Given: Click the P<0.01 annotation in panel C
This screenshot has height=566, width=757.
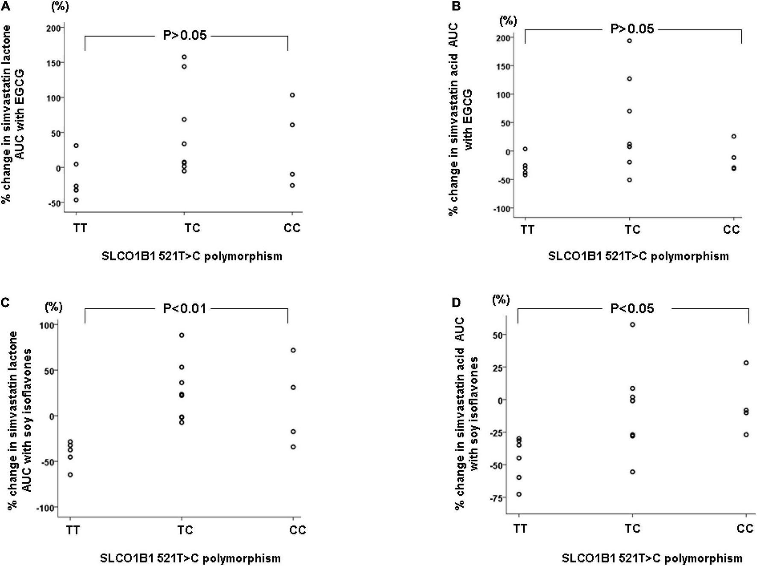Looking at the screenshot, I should click(185, 308).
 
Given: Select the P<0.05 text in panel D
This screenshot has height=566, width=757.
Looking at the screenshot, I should click(632, 308).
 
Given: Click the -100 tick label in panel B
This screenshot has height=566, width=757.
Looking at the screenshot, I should click(502, 209).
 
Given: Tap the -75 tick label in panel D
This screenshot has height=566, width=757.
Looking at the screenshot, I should click(496, 498).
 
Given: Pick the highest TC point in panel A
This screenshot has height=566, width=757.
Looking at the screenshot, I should click(184, 57).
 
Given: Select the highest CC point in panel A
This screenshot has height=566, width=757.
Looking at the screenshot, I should click(292, 95).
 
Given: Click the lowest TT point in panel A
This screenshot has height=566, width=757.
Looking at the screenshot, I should click(76, 200).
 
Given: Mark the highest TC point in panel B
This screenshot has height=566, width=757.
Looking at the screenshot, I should click(629, 41).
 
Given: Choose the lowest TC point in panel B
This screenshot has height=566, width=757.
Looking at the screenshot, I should click(629, 180).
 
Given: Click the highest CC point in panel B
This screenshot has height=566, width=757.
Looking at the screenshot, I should click(734, 137).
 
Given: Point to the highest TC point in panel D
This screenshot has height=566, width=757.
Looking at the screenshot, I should click(633, 325).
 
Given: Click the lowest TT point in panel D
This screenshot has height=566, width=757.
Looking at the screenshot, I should click(519, 494).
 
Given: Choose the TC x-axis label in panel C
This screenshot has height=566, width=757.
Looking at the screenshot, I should click(185, 530).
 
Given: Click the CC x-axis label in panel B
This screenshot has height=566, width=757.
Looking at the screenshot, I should click(731, 230).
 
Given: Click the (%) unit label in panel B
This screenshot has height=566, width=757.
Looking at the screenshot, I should click(508, 21).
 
